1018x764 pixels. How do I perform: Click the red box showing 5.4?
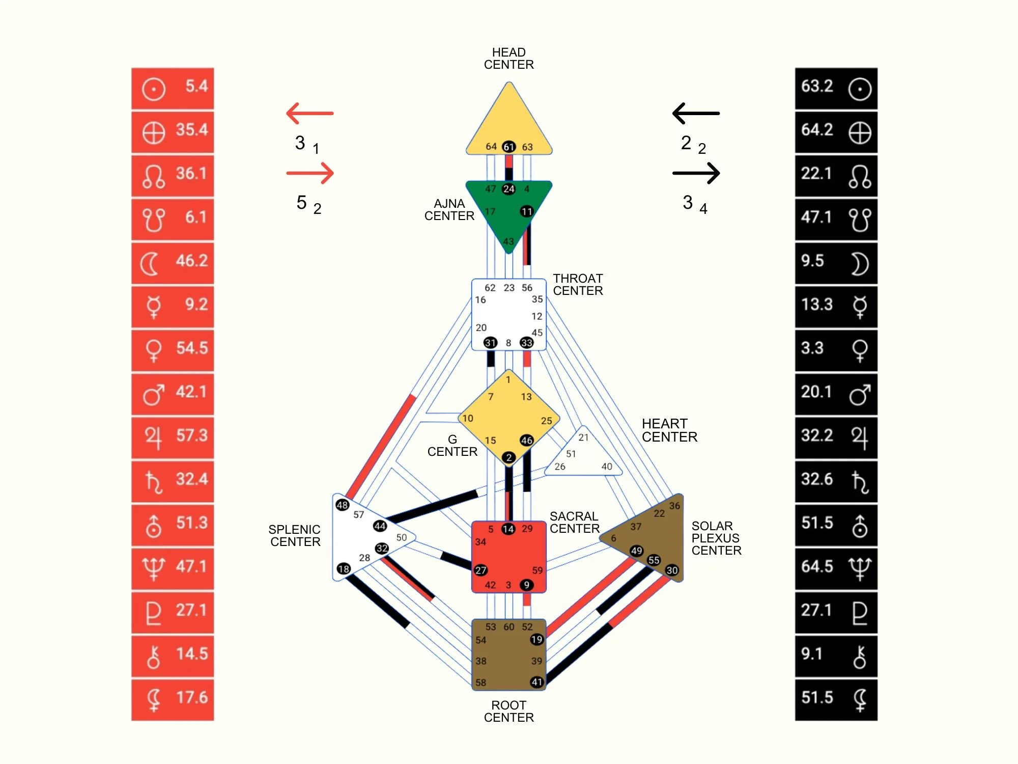coord(173,88)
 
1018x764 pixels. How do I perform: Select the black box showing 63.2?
coord(836,88)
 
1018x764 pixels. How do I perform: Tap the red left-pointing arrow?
coord(310,113)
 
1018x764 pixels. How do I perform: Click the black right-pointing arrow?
coord(696,173)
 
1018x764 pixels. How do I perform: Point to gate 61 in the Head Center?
coord(509,147)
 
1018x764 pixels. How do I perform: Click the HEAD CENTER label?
coord(509,59)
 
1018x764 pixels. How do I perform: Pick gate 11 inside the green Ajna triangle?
coord(526,211)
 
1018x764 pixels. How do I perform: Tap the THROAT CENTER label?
coord(578,285)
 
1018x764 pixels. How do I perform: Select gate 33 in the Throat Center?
coord(526,343)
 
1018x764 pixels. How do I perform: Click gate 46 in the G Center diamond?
coord(526,440)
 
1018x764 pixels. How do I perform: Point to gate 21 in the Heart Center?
coord(583,437)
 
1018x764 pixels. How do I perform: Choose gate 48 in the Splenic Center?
coord(342,505)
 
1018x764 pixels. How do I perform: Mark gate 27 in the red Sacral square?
coord(480,570)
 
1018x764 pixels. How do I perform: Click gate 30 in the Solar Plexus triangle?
coord(672,570)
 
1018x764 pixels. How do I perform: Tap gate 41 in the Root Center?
coord(536,682)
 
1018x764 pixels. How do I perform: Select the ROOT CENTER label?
coord(509,712)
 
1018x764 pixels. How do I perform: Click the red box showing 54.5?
coord(173,350)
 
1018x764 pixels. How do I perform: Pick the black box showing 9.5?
coord(836,263)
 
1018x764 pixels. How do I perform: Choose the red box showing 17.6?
coord(173,699)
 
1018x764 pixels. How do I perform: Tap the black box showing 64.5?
coord(836,568)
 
